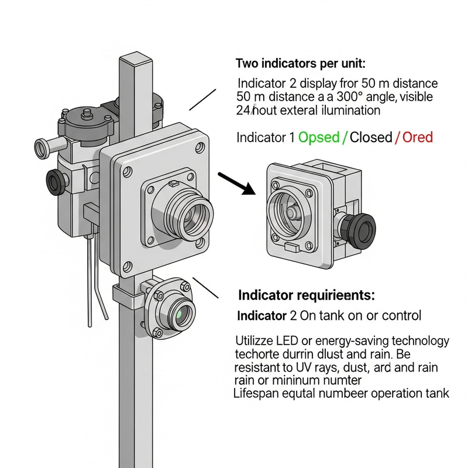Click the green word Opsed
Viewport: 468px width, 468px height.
coord(319,137)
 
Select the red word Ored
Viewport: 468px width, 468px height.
coord(417,137)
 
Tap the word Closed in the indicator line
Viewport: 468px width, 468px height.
coord(371,137)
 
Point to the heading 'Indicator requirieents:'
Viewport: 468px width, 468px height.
coord(307,294)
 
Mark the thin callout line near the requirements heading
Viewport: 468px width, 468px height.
coord(205,288)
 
